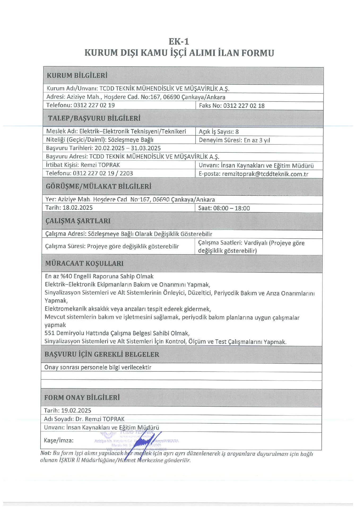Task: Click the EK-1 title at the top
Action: click(x=179, y=42)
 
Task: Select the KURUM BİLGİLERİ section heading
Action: click(x=77, y=76)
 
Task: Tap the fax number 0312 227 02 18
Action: click(x=244, y=106)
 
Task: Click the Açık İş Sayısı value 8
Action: click(x=237, y=132)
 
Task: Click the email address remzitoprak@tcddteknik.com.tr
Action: click(x=265, y=174)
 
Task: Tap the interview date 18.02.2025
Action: click(x=77, y=208)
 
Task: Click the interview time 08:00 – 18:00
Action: click(x=231, y=208)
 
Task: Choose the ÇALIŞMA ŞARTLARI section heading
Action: click(x=78, y=221)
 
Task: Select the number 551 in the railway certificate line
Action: click(x=50, y=333)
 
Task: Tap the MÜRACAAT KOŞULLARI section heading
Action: click(x=84, y=263)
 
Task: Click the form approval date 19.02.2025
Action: click(x=76, y=410)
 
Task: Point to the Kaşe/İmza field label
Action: click(x=59, y=440)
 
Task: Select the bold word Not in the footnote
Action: click(x=45, y=453)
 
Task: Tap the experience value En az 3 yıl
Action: click(x=257, y=140)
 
